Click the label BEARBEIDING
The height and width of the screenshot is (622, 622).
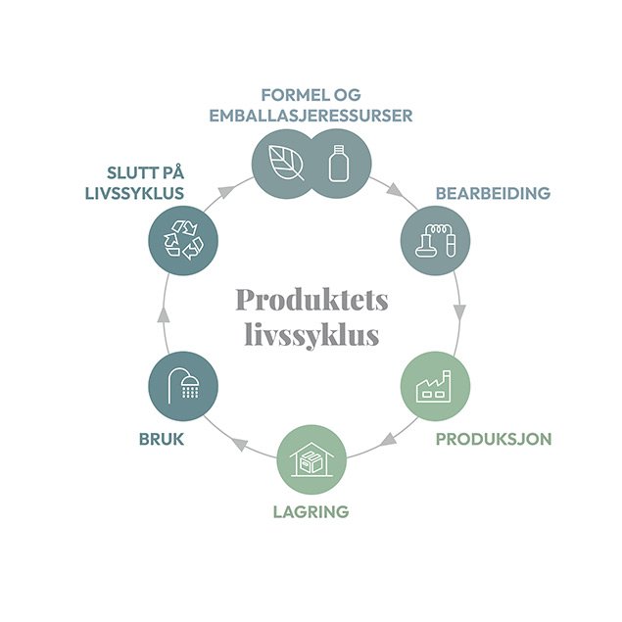(493, 194)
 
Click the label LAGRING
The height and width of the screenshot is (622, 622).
(311, 511)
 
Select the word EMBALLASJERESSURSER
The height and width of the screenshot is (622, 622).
(311, 115)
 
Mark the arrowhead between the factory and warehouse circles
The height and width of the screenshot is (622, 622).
(389, 440)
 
